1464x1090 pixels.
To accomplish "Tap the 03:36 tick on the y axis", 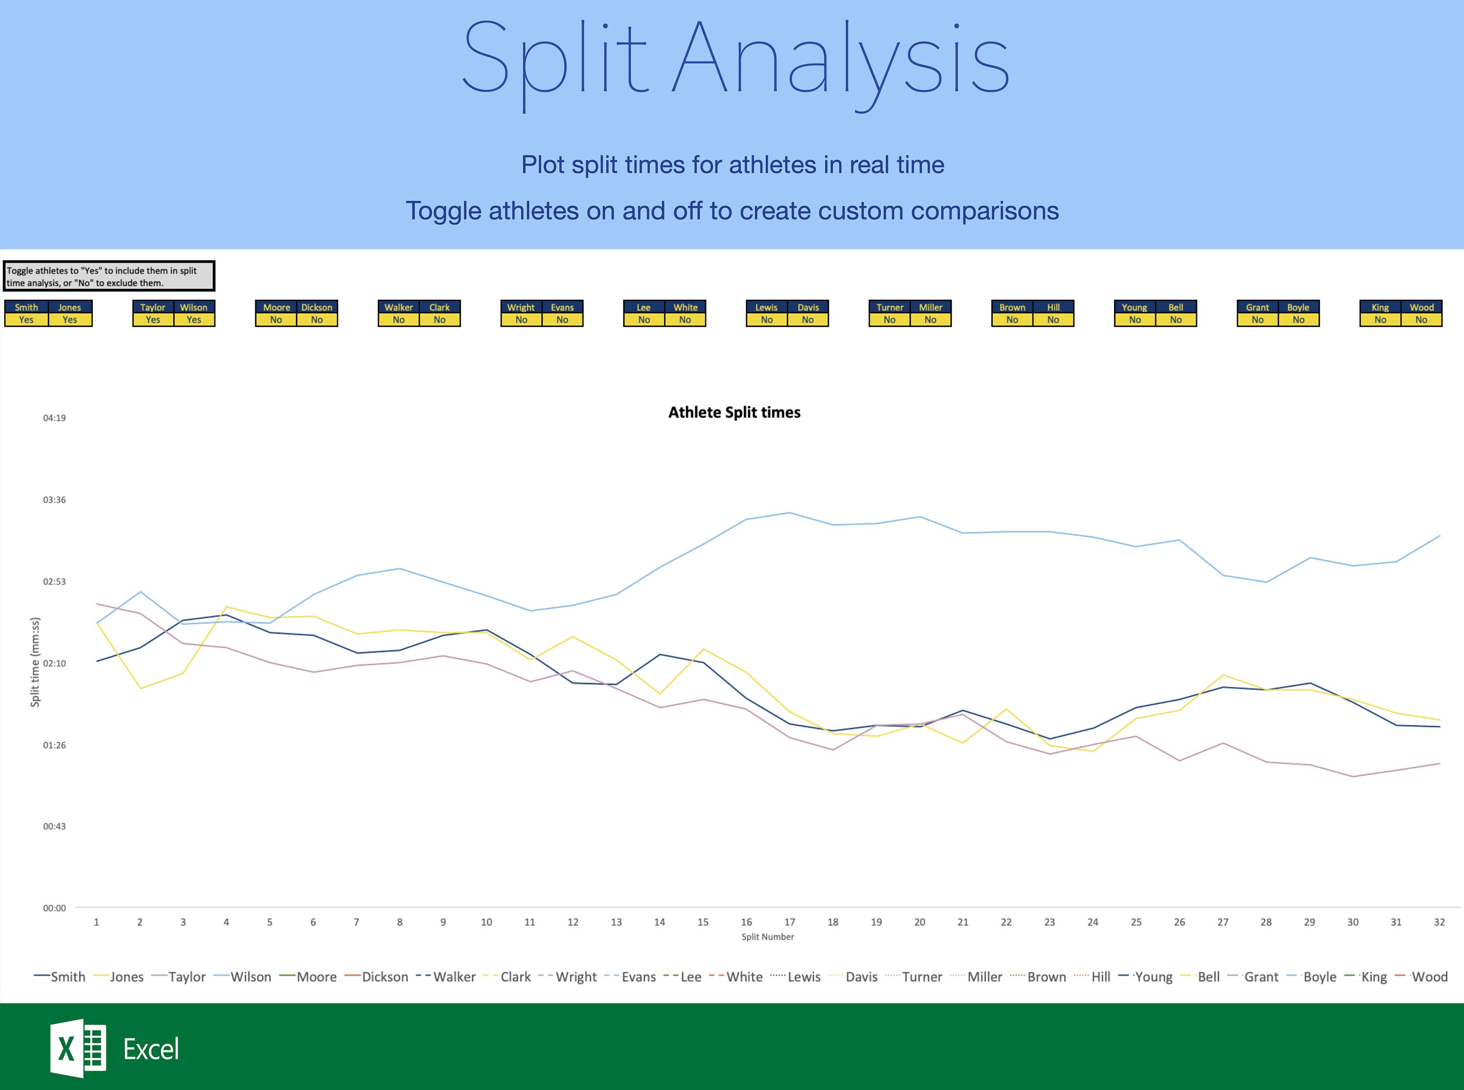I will pyautogui.click(x=54, y=500).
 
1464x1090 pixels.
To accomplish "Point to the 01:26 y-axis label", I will pyautogui.click(x=54, y=745).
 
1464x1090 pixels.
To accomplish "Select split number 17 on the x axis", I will pyautogui.click(x=789, y=922).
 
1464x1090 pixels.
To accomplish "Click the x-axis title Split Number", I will pyautogui.click(x=767, y=936).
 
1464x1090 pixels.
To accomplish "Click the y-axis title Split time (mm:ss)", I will pyautogui.click(x=35, y=662).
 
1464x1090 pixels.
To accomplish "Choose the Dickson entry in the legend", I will pyautogui.click(x=385, y=976).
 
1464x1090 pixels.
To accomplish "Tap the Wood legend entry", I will pyautogui.click(x=1429, y=976).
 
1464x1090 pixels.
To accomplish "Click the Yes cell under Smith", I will pyautogui.click(x=26, y=320).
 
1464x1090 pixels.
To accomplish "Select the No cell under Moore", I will pyautogui.click(x=276, y=320).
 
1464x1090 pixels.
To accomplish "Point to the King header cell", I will pyautogui.click(x=1380, y=307).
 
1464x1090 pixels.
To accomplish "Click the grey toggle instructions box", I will pyautogui.click(x=109, y=276).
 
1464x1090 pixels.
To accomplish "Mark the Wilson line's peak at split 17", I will pyautogui.click(x=789, y=513).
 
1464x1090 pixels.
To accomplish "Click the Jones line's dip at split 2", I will pyautogui.click(x=140, y=688).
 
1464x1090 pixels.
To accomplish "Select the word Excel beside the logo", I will pyautogui.click(x=151, y=1049).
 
